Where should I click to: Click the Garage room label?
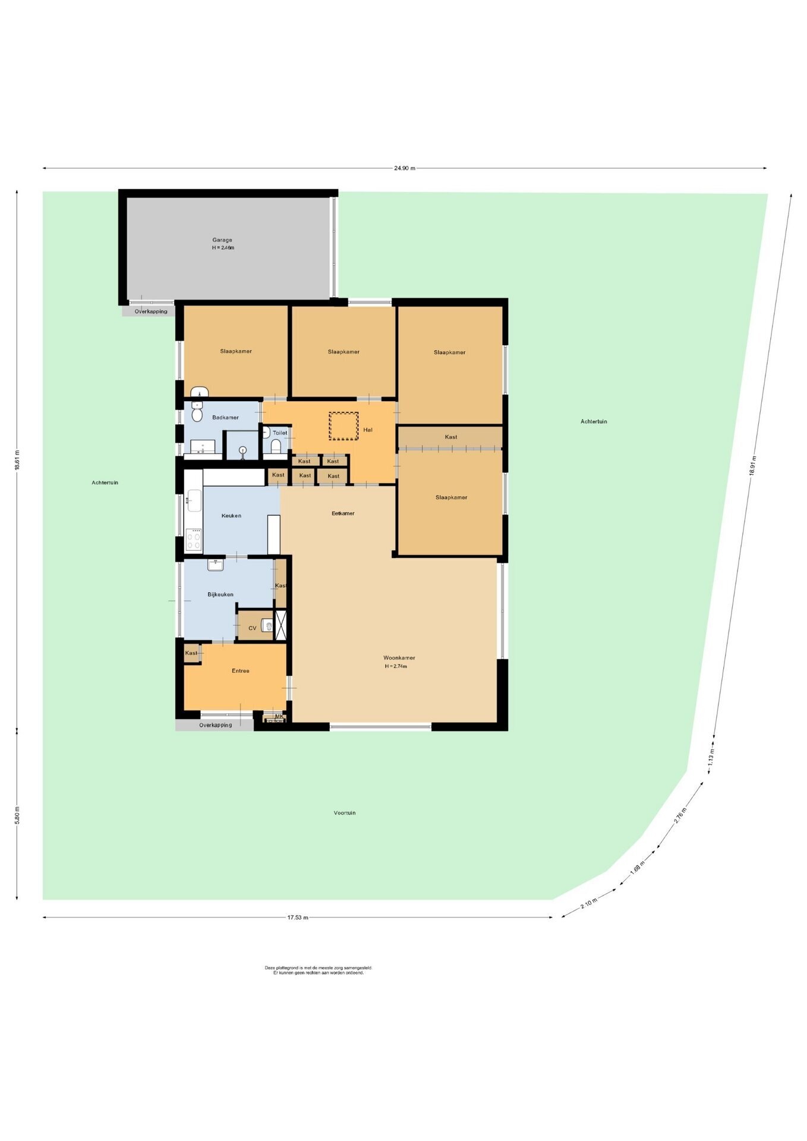222,240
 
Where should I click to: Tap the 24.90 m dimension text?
405,168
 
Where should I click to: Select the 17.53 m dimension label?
298,918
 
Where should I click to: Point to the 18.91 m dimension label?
753,466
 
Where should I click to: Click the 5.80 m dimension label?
17,815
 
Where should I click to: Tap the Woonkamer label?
399,658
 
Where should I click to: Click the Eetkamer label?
343,513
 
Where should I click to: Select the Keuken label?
231,516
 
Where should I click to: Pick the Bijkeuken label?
220,594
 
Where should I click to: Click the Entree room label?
240,671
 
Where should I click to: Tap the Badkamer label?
225,418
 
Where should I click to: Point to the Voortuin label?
345,813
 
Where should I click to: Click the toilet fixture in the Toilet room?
275,446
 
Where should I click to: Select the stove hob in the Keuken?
194,540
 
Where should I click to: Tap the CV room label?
253,628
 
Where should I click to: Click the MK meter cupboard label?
279,717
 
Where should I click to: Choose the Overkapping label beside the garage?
151,311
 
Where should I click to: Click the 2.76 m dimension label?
680,815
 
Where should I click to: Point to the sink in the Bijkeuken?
215,565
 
